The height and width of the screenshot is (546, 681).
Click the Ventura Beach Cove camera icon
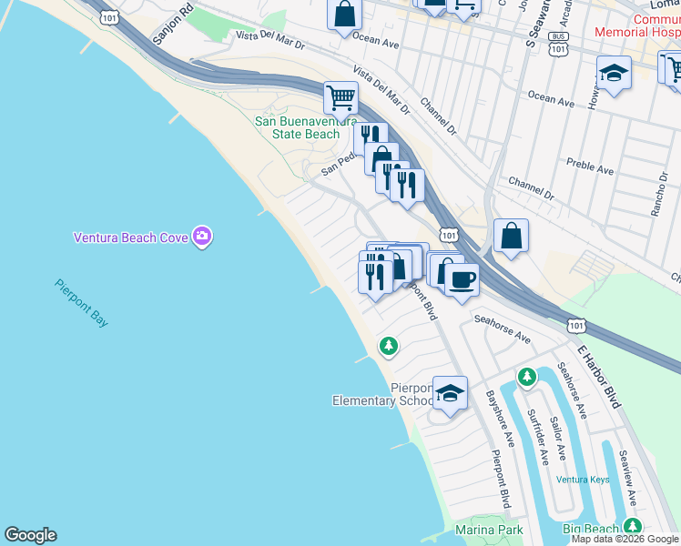(x=202, y=238)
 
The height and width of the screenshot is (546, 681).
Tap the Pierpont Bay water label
(x=82, y=304)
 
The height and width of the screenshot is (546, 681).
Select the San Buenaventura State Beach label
(x=297, y=127)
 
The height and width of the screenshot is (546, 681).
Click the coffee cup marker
(x=462, y=278)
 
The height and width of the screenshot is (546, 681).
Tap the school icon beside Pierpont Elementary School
(x=450, y=393)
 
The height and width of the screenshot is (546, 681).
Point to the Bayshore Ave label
(x=499, y=420)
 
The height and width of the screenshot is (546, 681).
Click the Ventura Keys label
(x=583, y=480)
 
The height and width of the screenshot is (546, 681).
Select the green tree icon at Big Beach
(x=631, y=527)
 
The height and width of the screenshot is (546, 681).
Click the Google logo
(x=30, y=535)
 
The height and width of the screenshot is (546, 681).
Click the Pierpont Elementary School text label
(x=382, y=394)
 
